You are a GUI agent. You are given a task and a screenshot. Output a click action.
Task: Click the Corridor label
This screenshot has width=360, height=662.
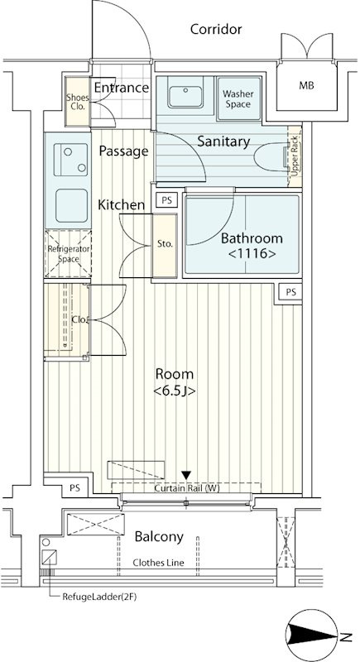click(216, 29)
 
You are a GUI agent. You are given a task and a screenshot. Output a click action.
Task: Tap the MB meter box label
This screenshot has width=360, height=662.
click(306, 86)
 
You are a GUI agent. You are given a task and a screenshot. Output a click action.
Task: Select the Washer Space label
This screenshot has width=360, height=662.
click(238, 98)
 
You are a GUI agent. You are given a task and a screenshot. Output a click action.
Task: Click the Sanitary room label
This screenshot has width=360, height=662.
click(223, 142)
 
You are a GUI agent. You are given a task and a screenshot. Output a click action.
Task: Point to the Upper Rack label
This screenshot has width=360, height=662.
click(295, 156)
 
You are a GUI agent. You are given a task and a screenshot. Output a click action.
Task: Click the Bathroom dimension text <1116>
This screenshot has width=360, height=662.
click(252, 254)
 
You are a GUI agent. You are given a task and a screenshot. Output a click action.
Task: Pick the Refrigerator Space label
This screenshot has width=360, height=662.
click(69, 254)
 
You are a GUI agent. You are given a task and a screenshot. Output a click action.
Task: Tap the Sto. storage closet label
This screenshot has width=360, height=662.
click(165, 244)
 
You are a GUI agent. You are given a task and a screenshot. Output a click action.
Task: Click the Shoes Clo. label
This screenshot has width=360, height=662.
click(78, 102)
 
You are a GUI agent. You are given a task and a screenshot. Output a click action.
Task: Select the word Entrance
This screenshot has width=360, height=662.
click(121, 88)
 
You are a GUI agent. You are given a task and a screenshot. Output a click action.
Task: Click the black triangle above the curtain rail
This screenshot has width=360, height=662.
click(186, 475)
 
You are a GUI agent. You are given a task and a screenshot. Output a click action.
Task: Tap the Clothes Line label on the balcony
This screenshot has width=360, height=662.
click(158, 563)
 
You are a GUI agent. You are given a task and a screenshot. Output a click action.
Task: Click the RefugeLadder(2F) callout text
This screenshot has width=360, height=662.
click(99, 597)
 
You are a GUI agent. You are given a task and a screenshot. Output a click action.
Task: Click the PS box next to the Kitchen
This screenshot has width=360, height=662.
click(167, 200)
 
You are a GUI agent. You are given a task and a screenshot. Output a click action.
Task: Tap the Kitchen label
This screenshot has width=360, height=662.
click(121, 205)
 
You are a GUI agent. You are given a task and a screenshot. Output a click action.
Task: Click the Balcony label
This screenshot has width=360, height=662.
click(159, 537)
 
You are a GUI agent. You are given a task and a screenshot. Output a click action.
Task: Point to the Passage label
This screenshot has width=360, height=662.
click(123, 151)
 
